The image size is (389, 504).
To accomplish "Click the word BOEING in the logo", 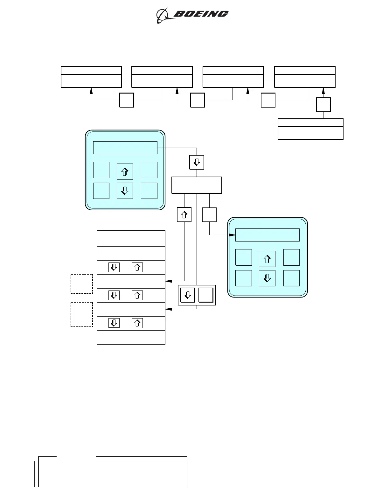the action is click(x=201, y=14).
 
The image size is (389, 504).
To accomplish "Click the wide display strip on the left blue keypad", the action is click(x=125, y=148).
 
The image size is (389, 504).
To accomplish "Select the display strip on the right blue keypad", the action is click(x=267, y=235).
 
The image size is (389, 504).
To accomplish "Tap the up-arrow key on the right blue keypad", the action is click(x=267, y=259).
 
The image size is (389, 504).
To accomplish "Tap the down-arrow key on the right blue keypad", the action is click(x=267, y=278).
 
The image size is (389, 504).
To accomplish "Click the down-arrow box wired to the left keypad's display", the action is click(x=197, y=162).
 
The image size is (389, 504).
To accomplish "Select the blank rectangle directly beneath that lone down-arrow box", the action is click(x=197, y=185).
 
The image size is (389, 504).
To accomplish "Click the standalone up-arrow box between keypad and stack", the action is click(x=184, y=215).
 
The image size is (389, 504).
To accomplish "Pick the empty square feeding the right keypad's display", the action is click(x=209, y=215).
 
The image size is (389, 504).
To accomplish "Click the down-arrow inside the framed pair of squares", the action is click(x=188, y=295).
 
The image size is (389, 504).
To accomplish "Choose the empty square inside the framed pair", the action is click(x=206, y=295).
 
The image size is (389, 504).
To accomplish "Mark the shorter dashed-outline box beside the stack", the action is click(x=82, y=283).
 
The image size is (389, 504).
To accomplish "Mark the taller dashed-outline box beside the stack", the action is click(x=82, y=314).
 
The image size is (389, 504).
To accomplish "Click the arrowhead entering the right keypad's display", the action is click(x=233, y=235).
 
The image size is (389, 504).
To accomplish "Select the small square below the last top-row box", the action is click(x=323, y=105).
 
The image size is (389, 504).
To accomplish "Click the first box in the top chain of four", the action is click(x=91, y=77).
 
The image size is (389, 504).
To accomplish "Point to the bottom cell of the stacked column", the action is click(x=131, y=337).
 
